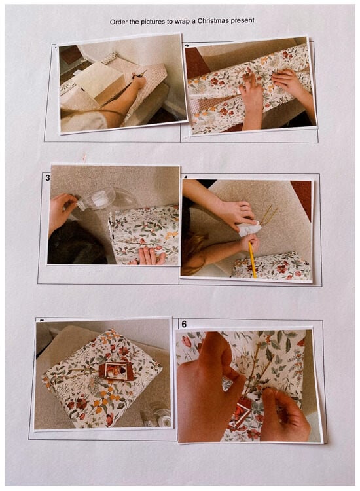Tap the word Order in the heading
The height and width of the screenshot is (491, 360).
[x=117, y=22]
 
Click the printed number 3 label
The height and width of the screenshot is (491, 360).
[x=48, y=178]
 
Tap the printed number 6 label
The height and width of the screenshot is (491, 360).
[x=184, y=325]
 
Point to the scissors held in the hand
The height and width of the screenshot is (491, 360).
[x=140, y=75]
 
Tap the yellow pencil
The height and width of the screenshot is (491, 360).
[x=252, y=259]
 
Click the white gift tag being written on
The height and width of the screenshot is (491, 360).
[x=249, y=228]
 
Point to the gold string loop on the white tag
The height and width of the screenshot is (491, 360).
[x=268, y=215]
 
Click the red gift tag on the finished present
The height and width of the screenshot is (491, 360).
[x=116, y=371]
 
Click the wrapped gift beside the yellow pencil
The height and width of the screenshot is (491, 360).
[x=272, y=266]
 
